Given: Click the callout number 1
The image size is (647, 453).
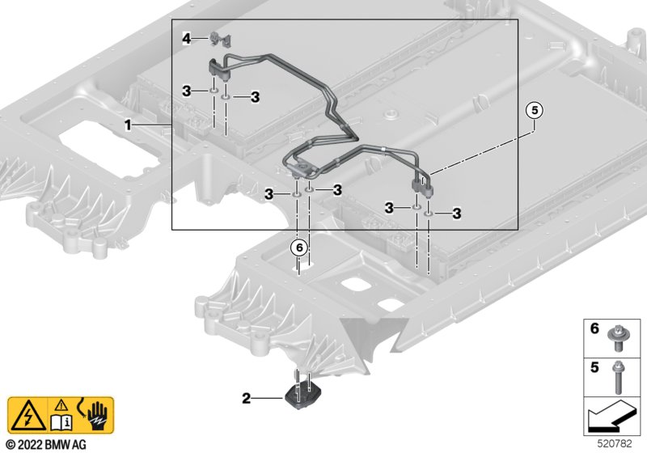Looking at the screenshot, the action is (128, 126).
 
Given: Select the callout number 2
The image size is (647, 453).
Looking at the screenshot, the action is (246, 398).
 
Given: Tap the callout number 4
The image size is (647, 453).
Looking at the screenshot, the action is (186, 38).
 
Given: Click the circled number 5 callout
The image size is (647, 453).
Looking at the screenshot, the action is (533, 111).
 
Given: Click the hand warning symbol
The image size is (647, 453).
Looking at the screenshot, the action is (96, 414).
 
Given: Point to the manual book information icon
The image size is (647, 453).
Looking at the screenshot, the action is (60, 422).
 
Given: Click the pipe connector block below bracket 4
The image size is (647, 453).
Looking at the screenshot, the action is (218, 70).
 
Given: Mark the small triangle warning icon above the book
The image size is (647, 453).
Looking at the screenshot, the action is (60, 404).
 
